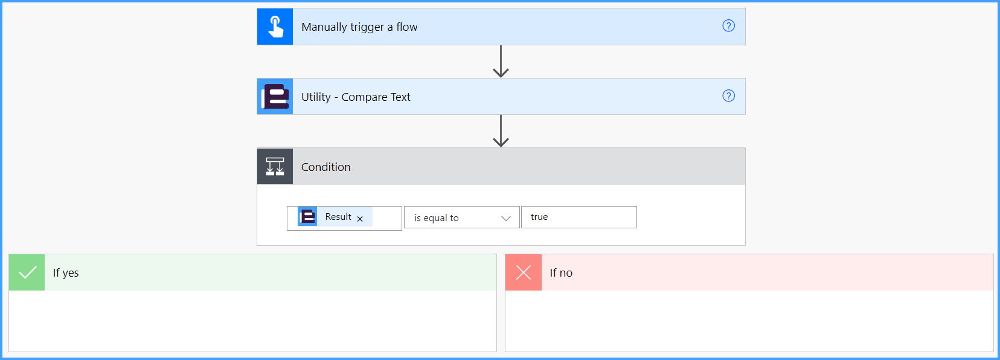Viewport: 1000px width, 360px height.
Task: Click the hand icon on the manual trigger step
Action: pyautogui.click(x=275, y=27)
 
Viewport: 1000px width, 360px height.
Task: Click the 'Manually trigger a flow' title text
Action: pyautogui.click(x=359, y=27)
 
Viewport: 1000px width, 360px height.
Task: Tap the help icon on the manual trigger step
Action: pyautogui.click(x=729, y=26)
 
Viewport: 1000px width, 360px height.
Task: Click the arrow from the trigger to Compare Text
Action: pyautogui.click(x=501, y=61)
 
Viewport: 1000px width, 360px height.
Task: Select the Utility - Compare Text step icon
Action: pyautogui.click(x=275, y=97)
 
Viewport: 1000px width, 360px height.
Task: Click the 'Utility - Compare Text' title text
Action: pyautogui.click(x=356, y=97)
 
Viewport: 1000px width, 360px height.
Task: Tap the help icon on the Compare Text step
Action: pyautogui.click(x=729, y=95)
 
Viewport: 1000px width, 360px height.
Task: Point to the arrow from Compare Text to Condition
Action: pyautogui.click(x=501, y=131)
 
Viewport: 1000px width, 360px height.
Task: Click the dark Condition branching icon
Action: pyautogui.click(x=275, y=166)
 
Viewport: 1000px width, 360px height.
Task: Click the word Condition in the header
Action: pyautogui.click(x=326, y=167)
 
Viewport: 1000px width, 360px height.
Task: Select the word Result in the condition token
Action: pyautogui.click(x=338, y=217)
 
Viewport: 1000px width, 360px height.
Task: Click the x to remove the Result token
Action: pyautogui.click(x=360, y=219)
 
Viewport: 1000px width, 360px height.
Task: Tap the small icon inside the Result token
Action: pyautogui.click(x=307, y=217)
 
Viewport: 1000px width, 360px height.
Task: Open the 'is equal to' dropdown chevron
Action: pyautogui.click(x=506, y=218)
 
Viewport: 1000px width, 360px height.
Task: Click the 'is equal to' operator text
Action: pyautogui.click(x=437, y=218)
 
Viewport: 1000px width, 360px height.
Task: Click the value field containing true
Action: pyautogui.click(x=579, y=217)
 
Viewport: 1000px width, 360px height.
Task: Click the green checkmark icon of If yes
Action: pyautogui.click(x=27, y=272)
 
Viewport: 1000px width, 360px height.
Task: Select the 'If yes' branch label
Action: pyautogui.click(x=66, y=273)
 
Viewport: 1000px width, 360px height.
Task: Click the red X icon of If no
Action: pyautogui.click(x=523, y=272)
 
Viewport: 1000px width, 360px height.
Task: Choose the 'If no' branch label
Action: pyautogui.click(x=561, y=273)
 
